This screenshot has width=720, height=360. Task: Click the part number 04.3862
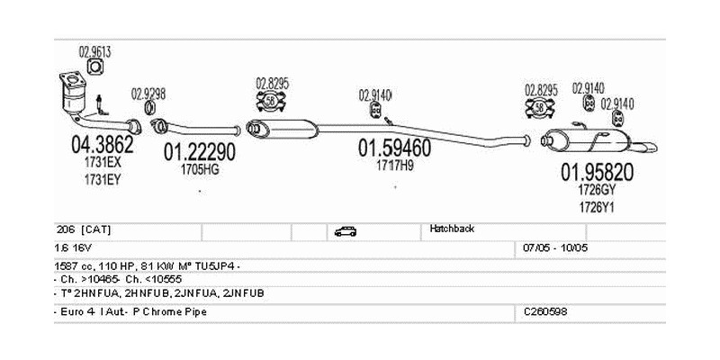[x=102, y=144]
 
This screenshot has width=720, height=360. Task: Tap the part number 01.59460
[x=394, y=147]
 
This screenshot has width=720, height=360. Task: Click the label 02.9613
[x=94, y=51]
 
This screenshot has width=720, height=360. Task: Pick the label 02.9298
[x=148, y=93]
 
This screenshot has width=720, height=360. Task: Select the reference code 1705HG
[x=199, y=167]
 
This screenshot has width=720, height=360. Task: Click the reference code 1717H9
[x=395, y=165]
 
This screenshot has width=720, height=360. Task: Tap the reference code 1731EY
[x=102, y=178]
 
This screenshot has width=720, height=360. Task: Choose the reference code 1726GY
[x=597, y=190]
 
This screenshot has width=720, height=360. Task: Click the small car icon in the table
[x=345, y=231]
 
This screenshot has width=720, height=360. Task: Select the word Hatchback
[x=452, y=229]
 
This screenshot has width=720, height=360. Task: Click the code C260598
[x=546, y=310]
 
